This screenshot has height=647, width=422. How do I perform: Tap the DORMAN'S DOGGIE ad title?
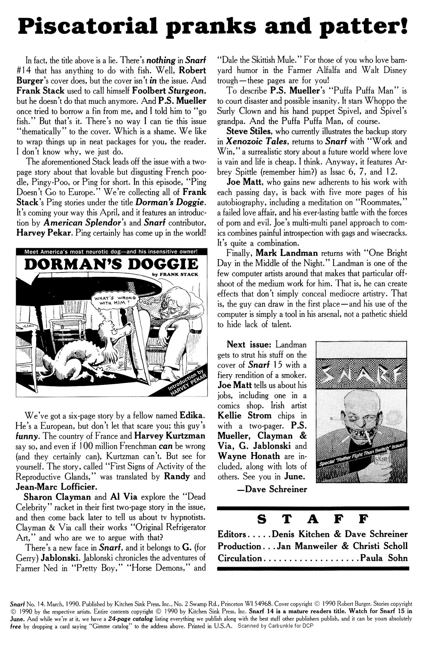(x=111, y=265)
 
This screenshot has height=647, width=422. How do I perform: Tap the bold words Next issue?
(x=249, y=345)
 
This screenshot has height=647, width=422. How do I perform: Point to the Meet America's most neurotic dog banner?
(x=111, y=252)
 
